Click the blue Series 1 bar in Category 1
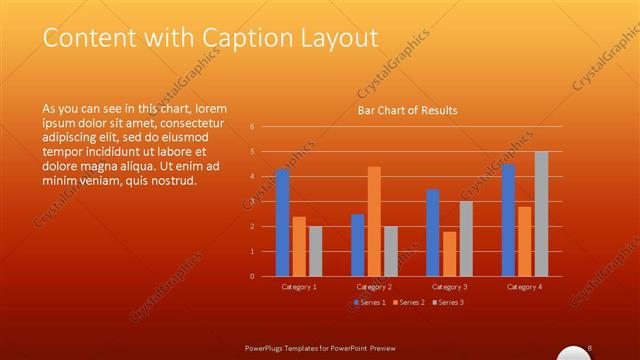coord(282,222)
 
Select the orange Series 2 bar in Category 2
coord(374,221)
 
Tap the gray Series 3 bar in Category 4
coord(541,213)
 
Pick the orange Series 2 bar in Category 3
coord(449,253)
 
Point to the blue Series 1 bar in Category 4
coord(508,220)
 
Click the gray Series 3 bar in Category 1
coord(315,251)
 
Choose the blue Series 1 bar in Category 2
coord(358,245)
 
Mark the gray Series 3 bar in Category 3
coord(465,238)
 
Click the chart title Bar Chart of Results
coord(407,110)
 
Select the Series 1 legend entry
coord(370,302)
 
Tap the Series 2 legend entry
coord(409,302)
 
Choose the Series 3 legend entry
coord(449,302)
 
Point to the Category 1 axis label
coord(299,287)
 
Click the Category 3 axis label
coord(449,287)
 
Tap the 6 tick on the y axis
coord(252,127)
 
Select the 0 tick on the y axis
coord(252,276)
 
